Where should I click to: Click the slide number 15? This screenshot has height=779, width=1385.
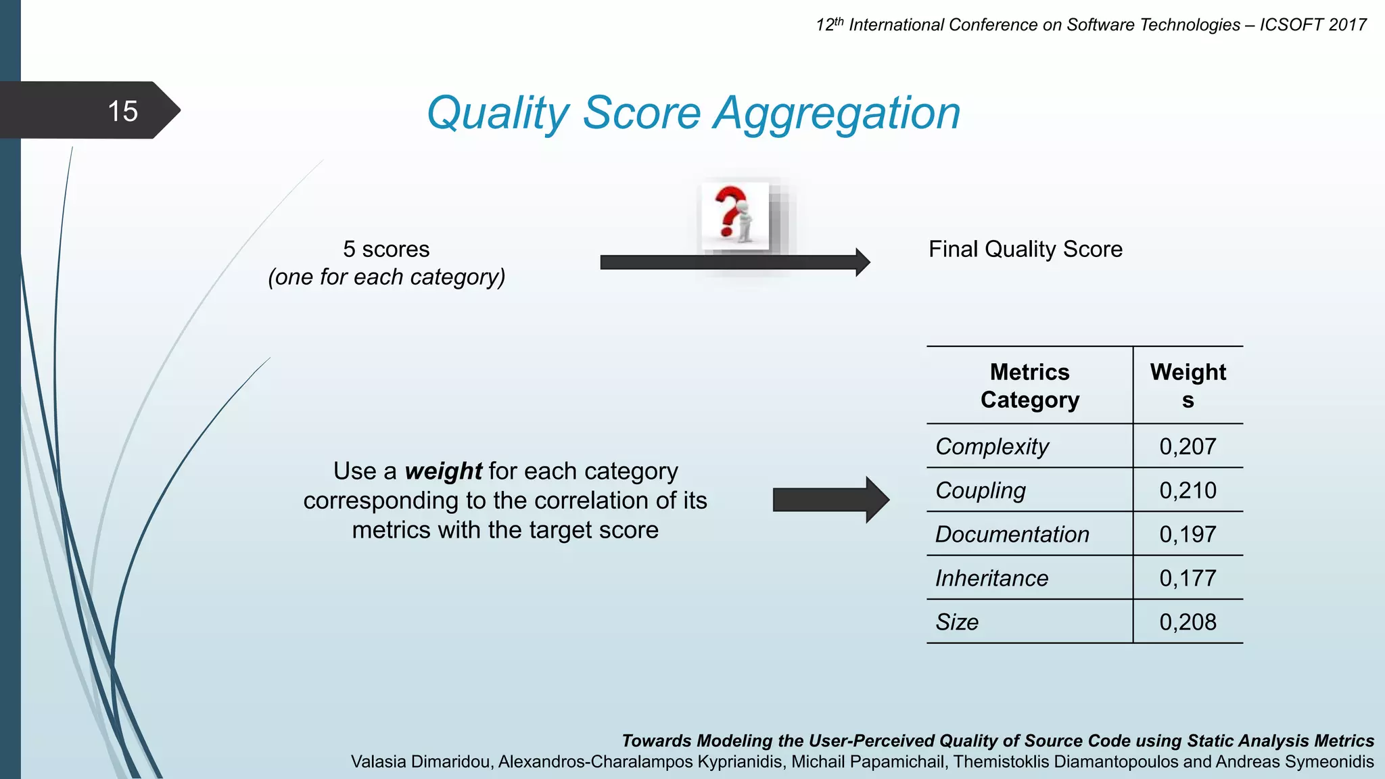(122, 111)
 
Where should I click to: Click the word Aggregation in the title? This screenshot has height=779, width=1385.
(837, 113)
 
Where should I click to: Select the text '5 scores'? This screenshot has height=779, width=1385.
(386, 250)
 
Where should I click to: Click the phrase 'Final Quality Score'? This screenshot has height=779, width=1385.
(1025, 250)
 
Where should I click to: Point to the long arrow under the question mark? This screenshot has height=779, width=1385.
(730, 262)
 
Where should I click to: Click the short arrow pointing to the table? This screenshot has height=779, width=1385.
(830, 500)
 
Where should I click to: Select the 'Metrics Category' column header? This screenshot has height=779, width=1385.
(1029, 385)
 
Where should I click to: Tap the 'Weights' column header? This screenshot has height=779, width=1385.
(1188, 385)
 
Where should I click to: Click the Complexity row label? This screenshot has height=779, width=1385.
(992, 446)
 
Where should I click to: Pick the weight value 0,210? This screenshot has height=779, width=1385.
(1188, 490)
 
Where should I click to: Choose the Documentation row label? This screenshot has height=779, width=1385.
(1012, 534)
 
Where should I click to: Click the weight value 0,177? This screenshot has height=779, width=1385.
(1188, 578)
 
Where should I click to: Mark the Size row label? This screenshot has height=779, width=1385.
(957, 622)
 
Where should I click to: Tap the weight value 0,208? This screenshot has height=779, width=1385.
(1188, 622)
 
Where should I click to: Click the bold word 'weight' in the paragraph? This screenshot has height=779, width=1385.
(443, 471)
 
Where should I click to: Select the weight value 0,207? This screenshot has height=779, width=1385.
(1188, 446)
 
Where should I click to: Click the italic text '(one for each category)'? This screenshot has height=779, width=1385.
(386, 277)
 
